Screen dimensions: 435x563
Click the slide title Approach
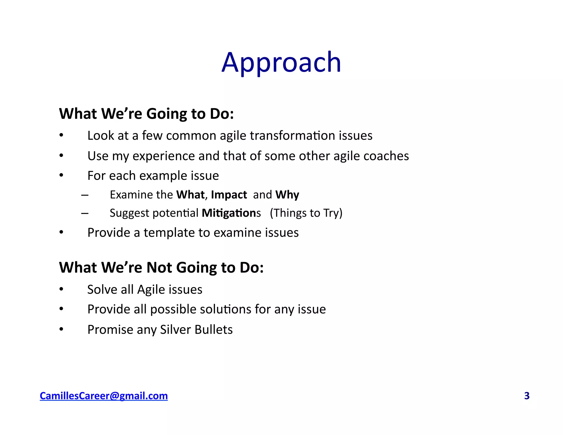pos(281,63)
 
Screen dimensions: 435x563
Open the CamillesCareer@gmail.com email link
pos(104,396)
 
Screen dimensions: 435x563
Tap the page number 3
pos(527,396)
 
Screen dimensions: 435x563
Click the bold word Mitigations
pos(231,213)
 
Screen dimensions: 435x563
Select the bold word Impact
pos(229,195)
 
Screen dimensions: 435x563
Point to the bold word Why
pos(287,195)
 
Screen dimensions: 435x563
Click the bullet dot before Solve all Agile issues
pos(61,289)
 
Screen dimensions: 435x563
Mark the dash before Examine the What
pos(85,195)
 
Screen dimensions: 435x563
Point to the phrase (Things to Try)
pos(306,213)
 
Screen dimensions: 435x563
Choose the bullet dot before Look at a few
pos(61,135)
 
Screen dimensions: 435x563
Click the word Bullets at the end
pos(214,329)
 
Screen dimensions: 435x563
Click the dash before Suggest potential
pos(85,213)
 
